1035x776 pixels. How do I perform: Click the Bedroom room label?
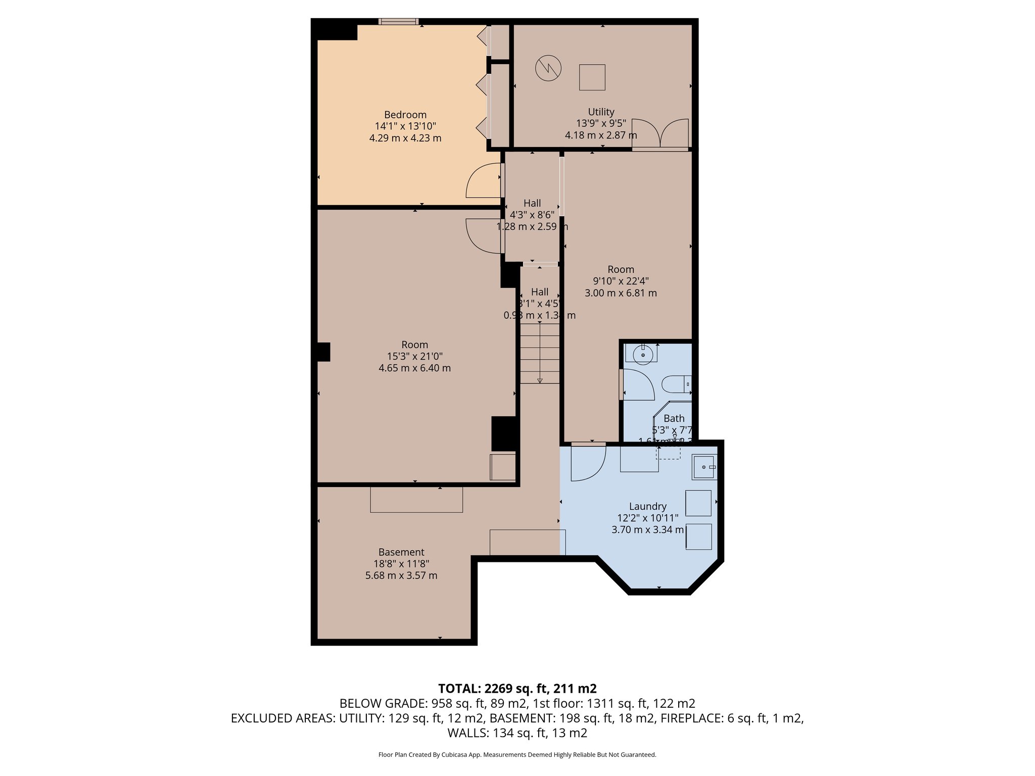tap(405, 115)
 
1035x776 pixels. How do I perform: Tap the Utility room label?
tap(601, 112)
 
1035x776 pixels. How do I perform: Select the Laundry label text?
tap(647, 506)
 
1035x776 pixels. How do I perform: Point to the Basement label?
tap(401, 552)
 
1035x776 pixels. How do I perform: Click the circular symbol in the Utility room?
tap(548, 68)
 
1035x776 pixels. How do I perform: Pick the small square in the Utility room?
tap(592, 77)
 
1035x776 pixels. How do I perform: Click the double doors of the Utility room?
tap(660, 134)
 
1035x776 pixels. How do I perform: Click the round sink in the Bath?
tap(643, 355)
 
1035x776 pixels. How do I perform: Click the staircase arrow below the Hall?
tap(540, 354)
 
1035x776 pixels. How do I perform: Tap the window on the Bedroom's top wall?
tap(398, 21)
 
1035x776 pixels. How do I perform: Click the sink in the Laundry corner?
tap(704, 467)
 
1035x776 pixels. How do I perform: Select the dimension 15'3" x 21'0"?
tap(414, 356)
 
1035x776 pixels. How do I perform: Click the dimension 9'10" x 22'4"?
tap(621, 281)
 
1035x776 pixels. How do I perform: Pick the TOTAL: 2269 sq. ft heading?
tap(517, 688)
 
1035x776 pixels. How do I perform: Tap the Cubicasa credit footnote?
tap(517, 755)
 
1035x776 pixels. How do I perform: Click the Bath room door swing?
tap(638, 385)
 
